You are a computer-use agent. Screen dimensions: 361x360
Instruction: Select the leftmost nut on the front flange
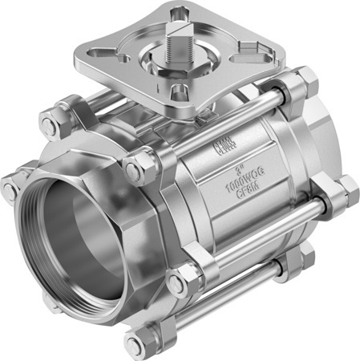10,189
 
